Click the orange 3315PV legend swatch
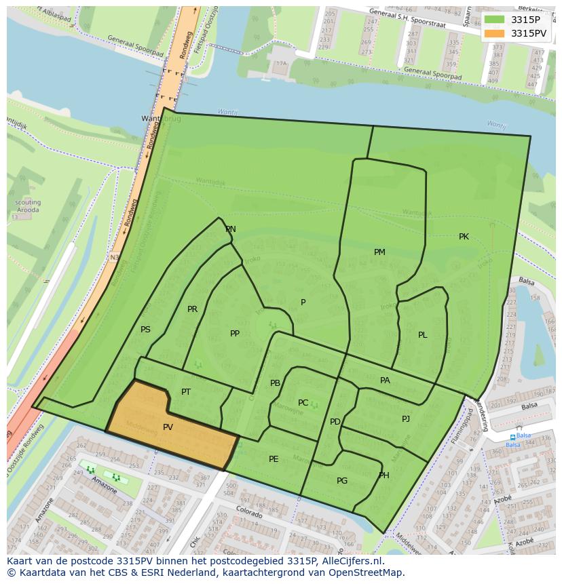click(495, 33)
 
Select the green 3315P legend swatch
click(495, 19)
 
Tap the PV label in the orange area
click(168, 427)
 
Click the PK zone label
click(464, 237)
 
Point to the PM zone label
click(379, 252)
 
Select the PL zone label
click(422, 335)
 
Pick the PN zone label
click(231, 229)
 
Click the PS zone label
click(145, 330)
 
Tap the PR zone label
click(192, 309)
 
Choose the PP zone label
click(235, 334)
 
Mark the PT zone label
click(186, 392)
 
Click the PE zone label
click(274, 459)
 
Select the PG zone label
click(342, 481)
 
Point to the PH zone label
click(384, 475)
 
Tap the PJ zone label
click(406, 419)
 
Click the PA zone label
click(385, 381)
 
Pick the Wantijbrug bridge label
click(161, 118)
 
